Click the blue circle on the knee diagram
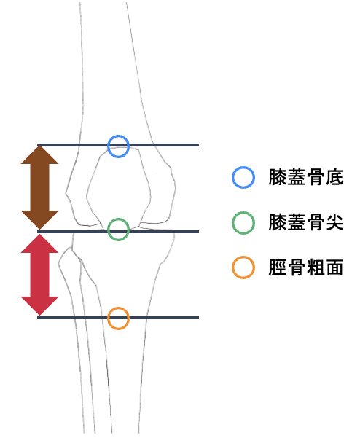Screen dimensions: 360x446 tap(119, 136)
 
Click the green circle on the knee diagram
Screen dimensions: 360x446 tap(119, 219)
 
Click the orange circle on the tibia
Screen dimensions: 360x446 tap(119, 308)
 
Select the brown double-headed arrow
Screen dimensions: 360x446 tap(40, 187)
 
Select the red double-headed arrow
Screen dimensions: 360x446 tap(40, 275)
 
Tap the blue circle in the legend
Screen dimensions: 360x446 tap(243, 168)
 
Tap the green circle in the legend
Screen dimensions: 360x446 tap(243, 213)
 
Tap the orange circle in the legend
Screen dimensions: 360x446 tap(243, 257)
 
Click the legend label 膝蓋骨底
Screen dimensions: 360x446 tap(306, 177)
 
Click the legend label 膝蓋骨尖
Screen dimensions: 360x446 tap(306, 222)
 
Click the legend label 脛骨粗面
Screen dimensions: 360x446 tap(306, 267)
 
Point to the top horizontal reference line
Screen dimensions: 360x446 tap(118, 145)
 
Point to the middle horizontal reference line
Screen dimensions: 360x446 tap(118, 232)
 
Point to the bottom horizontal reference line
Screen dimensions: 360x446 tap(118, 318)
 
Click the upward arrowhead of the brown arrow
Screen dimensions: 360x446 tap(40, 155)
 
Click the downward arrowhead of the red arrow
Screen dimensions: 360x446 tap(40, 306)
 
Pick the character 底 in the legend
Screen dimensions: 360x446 tap(334, 177)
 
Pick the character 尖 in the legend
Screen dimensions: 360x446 tap(334, 222)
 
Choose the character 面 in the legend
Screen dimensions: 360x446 tap(334, 267)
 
